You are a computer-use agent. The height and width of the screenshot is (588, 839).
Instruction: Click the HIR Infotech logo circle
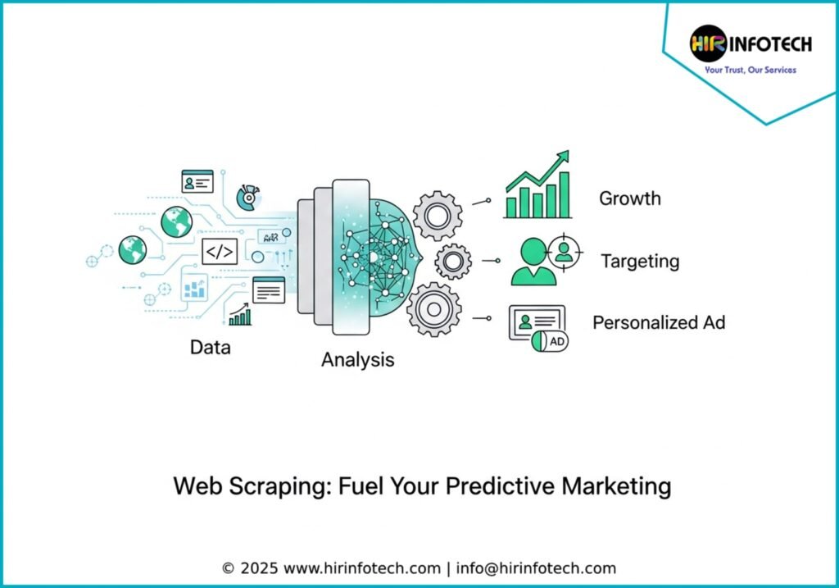pos(708,43)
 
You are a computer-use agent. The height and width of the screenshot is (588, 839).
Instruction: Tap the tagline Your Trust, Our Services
pos(751,70)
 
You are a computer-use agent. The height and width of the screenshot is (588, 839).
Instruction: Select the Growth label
pos(630,198)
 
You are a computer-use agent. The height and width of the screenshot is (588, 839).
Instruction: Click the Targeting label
pos(640,262)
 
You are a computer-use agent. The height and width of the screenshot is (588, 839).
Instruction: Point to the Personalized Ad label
pos(659,322)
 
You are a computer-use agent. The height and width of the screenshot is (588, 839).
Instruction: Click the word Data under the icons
pos(211,347)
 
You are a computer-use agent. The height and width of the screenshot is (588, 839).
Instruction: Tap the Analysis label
pos(357,360)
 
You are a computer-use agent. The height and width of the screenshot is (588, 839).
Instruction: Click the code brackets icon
pos(220,252)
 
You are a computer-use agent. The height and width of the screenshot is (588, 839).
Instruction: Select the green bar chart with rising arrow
pos(537,185)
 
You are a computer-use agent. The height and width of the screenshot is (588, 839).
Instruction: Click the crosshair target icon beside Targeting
pos(564,251)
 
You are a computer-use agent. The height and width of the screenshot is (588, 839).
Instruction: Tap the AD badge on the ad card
pos(556,341)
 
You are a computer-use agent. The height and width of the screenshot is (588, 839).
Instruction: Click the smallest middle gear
pos(452,262)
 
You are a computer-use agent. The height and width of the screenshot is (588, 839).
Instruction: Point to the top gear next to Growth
pos(438,216)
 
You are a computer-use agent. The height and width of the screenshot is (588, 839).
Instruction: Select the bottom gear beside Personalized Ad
pos(434,309)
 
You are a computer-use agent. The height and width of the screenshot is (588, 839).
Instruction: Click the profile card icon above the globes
pos(197,181)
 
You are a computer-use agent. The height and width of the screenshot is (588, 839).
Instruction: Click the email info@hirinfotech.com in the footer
pos(536,568)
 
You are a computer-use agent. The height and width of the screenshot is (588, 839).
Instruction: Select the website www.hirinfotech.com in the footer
pos(361,568)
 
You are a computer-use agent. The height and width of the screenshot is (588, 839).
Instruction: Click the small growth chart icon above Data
pos(240,314)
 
